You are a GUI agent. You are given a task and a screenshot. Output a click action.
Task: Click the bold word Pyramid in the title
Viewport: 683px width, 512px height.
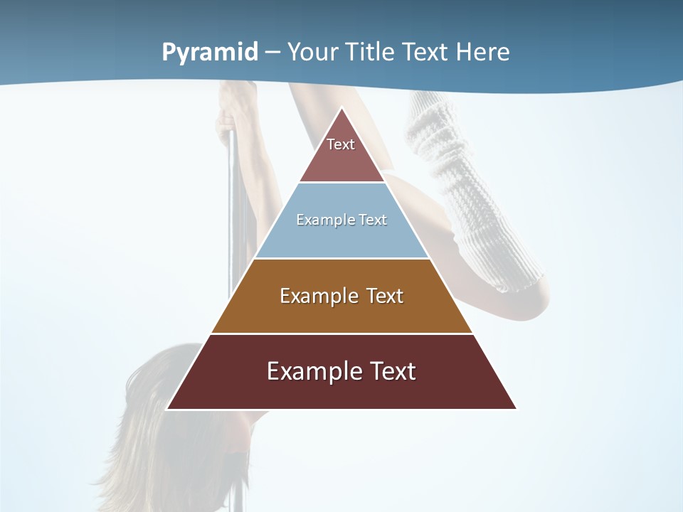click(x=210, y=53)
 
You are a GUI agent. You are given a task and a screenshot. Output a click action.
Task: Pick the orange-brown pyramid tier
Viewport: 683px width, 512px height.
click(x=341, y=313)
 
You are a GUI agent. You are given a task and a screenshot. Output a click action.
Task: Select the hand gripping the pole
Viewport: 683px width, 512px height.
click(x=235, y=107)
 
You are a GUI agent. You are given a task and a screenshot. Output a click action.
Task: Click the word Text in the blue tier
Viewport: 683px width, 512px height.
click(x=373, y=220)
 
